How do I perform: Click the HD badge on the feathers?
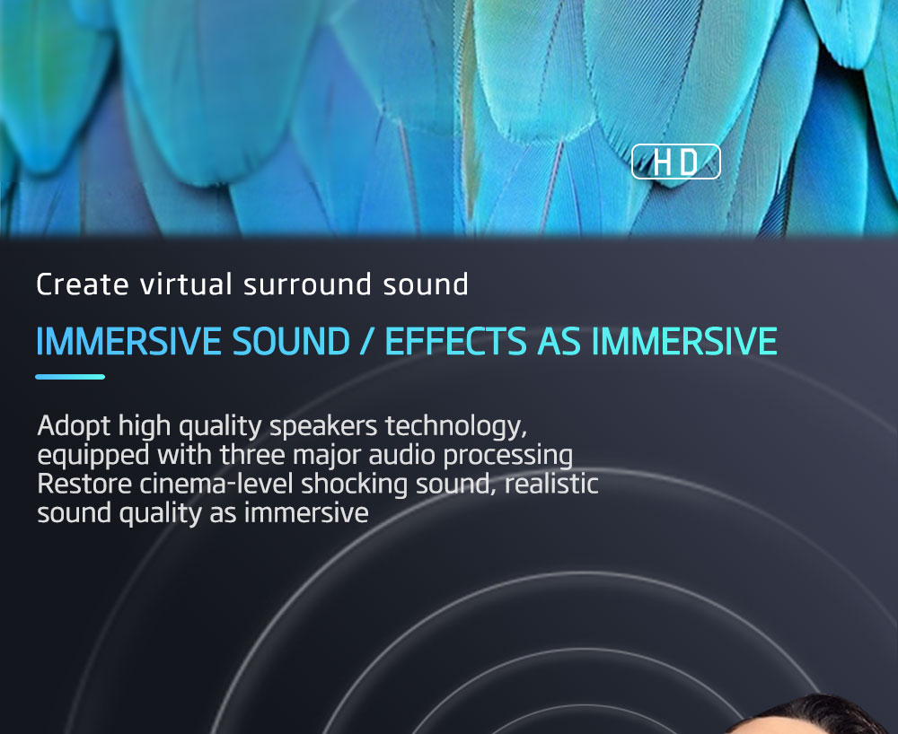pyautogui.click(x=676, y=162)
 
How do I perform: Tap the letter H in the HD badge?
pyautogui.click(x=662, y=162)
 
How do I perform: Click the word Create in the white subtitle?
pyautogui.click(x=83, y=284)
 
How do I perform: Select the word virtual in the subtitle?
pyautogui.click(x=186, y=284)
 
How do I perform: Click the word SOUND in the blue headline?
pyautogui.click(x=291, y=342)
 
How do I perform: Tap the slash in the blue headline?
pyautogui.click(x=367, y=342)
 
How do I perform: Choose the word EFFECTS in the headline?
pyautogui.click(x=456, y=342)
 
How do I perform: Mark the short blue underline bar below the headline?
pyautogui.click(x=70, y=377)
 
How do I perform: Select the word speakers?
pyautogui.click(x=323, y=426)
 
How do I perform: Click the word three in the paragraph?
pyautogui.click(x=252, y=455)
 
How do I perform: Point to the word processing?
pyautogui.click(x=508, y=456)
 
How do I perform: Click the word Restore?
pyautogui.click(x=84, y=484)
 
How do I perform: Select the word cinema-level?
pyautogui.click(x=217, y=484)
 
